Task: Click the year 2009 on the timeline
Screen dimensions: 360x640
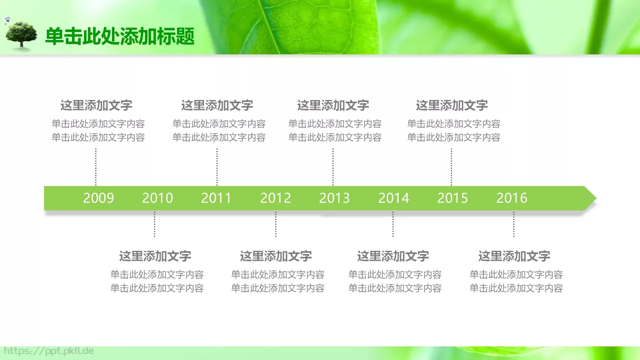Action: pos(98,198)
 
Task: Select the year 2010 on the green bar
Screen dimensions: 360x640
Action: pos(158,198)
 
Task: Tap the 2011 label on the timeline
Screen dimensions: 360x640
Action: pos(216,198)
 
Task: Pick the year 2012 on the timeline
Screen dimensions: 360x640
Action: pos(276,198)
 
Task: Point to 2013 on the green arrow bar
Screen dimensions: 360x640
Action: pos(334,198)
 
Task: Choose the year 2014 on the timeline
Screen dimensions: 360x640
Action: pos(394,198)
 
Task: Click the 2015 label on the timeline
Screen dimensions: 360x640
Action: pos(452,198)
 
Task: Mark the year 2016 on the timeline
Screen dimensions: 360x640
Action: pos(512,198)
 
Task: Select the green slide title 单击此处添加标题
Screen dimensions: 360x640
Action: pos(120,36)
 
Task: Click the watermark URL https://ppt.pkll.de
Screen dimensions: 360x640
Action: pos(49,351)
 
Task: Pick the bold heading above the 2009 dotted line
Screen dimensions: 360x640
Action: pos(96,106)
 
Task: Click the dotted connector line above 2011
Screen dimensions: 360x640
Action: pos(217,167)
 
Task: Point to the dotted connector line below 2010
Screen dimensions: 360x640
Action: pos(155,224)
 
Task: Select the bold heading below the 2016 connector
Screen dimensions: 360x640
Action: pos(514,256)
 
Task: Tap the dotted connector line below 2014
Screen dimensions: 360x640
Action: pos(393,224)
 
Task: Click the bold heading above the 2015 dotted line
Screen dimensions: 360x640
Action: pos(452,106)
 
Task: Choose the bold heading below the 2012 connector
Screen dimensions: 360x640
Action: pos(276,256)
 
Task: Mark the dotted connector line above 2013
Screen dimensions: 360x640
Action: pos(333,167)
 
